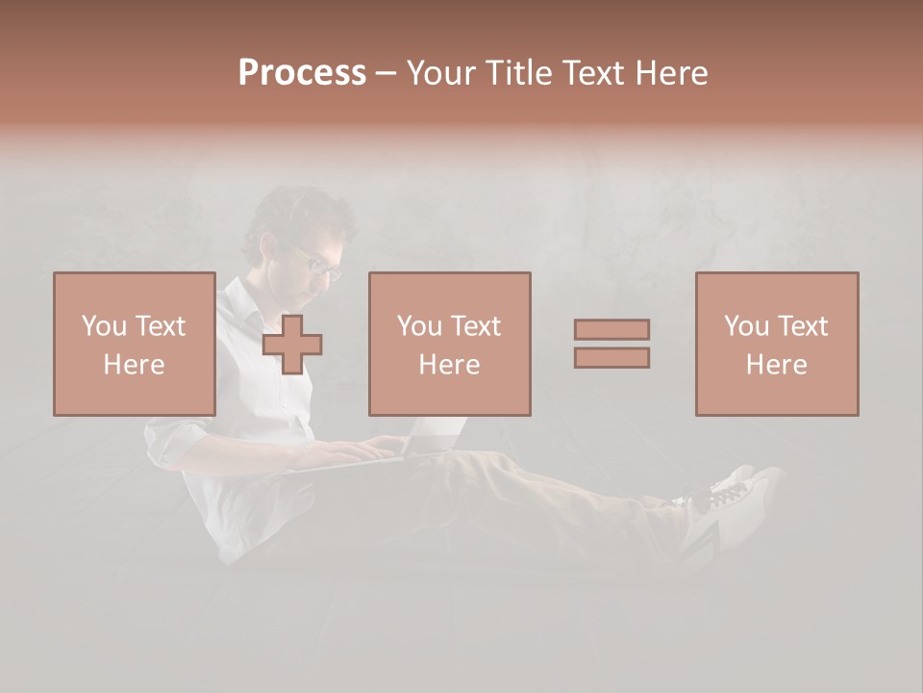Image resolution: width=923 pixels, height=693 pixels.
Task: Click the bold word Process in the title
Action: [x=302, y=73]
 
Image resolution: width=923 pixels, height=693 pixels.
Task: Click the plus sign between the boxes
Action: [x=292, y=345]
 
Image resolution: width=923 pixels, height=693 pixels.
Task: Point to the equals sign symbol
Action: [x=611, y=344]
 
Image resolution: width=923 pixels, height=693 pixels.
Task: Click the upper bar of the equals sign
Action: [x=611, y=329]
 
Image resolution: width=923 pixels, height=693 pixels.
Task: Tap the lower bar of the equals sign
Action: [x=611, y=358]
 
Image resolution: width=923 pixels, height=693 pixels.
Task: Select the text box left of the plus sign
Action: [x=134, y=344]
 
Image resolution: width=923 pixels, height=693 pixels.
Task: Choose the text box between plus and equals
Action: [x=449, y=344]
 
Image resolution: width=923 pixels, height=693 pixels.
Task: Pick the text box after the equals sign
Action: [x=776, y=344]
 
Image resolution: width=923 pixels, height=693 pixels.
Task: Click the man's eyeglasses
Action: [x=317, y=263]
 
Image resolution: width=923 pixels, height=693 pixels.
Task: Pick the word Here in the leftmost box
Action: [x=134, y=365]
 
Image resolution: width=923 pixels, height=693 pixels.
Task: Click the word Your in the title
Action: [x=439, y=73]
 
